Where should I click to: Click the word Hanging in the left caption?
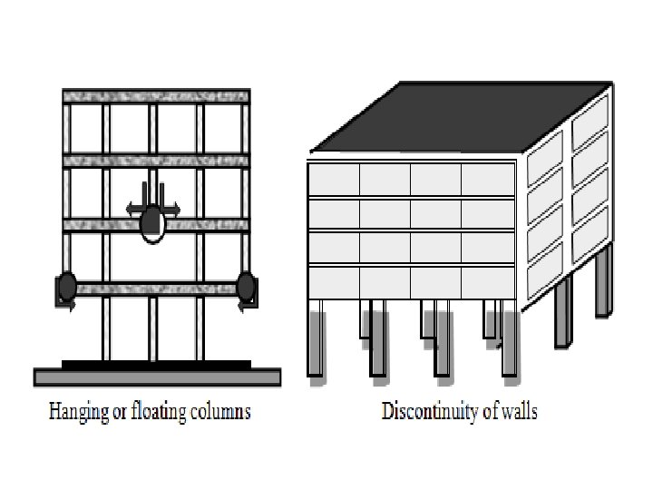click(74, 412)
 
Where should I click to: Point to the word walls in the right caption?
click(518, 412)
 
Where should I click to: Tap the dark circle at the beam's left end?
click(67, 288)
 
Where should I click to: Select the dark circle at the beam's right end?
click(245, 288)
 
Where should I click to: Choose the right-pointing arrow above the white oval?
click(170, 209)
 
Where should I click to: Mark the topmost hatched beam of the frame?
click(155, 95)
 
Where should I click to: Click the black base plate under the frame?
click(156, 365)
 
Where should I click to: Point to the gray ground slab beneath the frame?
click(156, 377)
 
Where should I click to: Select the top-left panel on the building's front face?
click(333, 179)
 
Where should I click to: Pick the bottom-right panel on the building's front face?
click(487, 280)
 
